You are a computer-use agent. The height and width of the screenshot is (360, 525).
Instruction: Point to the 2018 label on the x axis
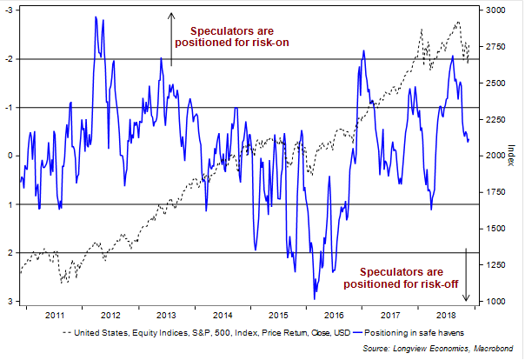[x=448, y=315]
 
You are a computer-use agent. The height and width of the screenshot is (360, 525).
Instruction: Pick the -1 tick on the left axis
[x=10, y=107]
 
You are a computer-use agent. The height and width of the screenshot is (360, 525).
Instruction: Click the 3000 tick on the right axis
[x=495, y=10]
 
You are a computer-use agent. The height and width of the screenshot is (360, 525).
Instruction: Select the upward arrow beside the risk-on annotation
[x=171, y=37]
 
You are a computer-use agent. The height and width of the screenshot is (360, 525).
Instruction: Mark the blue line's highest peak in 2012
[x=94, y=17]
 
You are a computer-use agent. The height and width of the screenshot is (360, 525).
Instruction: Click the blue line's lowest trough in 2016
[x=314, y=299]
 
